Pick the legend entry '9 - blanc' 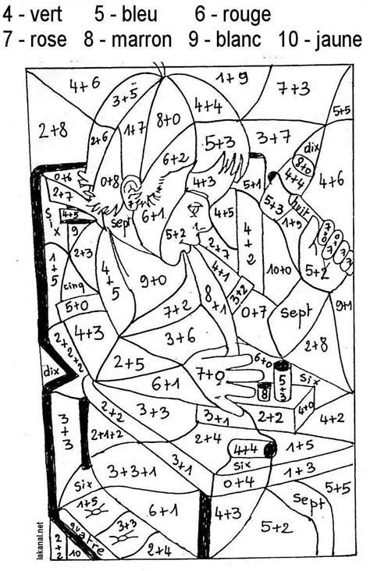click(x=224, y=40)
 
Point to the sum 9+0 click(x=152, y=279)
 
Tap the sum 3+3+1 click(x=133, y=470)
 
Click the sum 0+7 click(x=252, y=312)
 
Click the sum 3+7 click(x=274, y=138)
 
